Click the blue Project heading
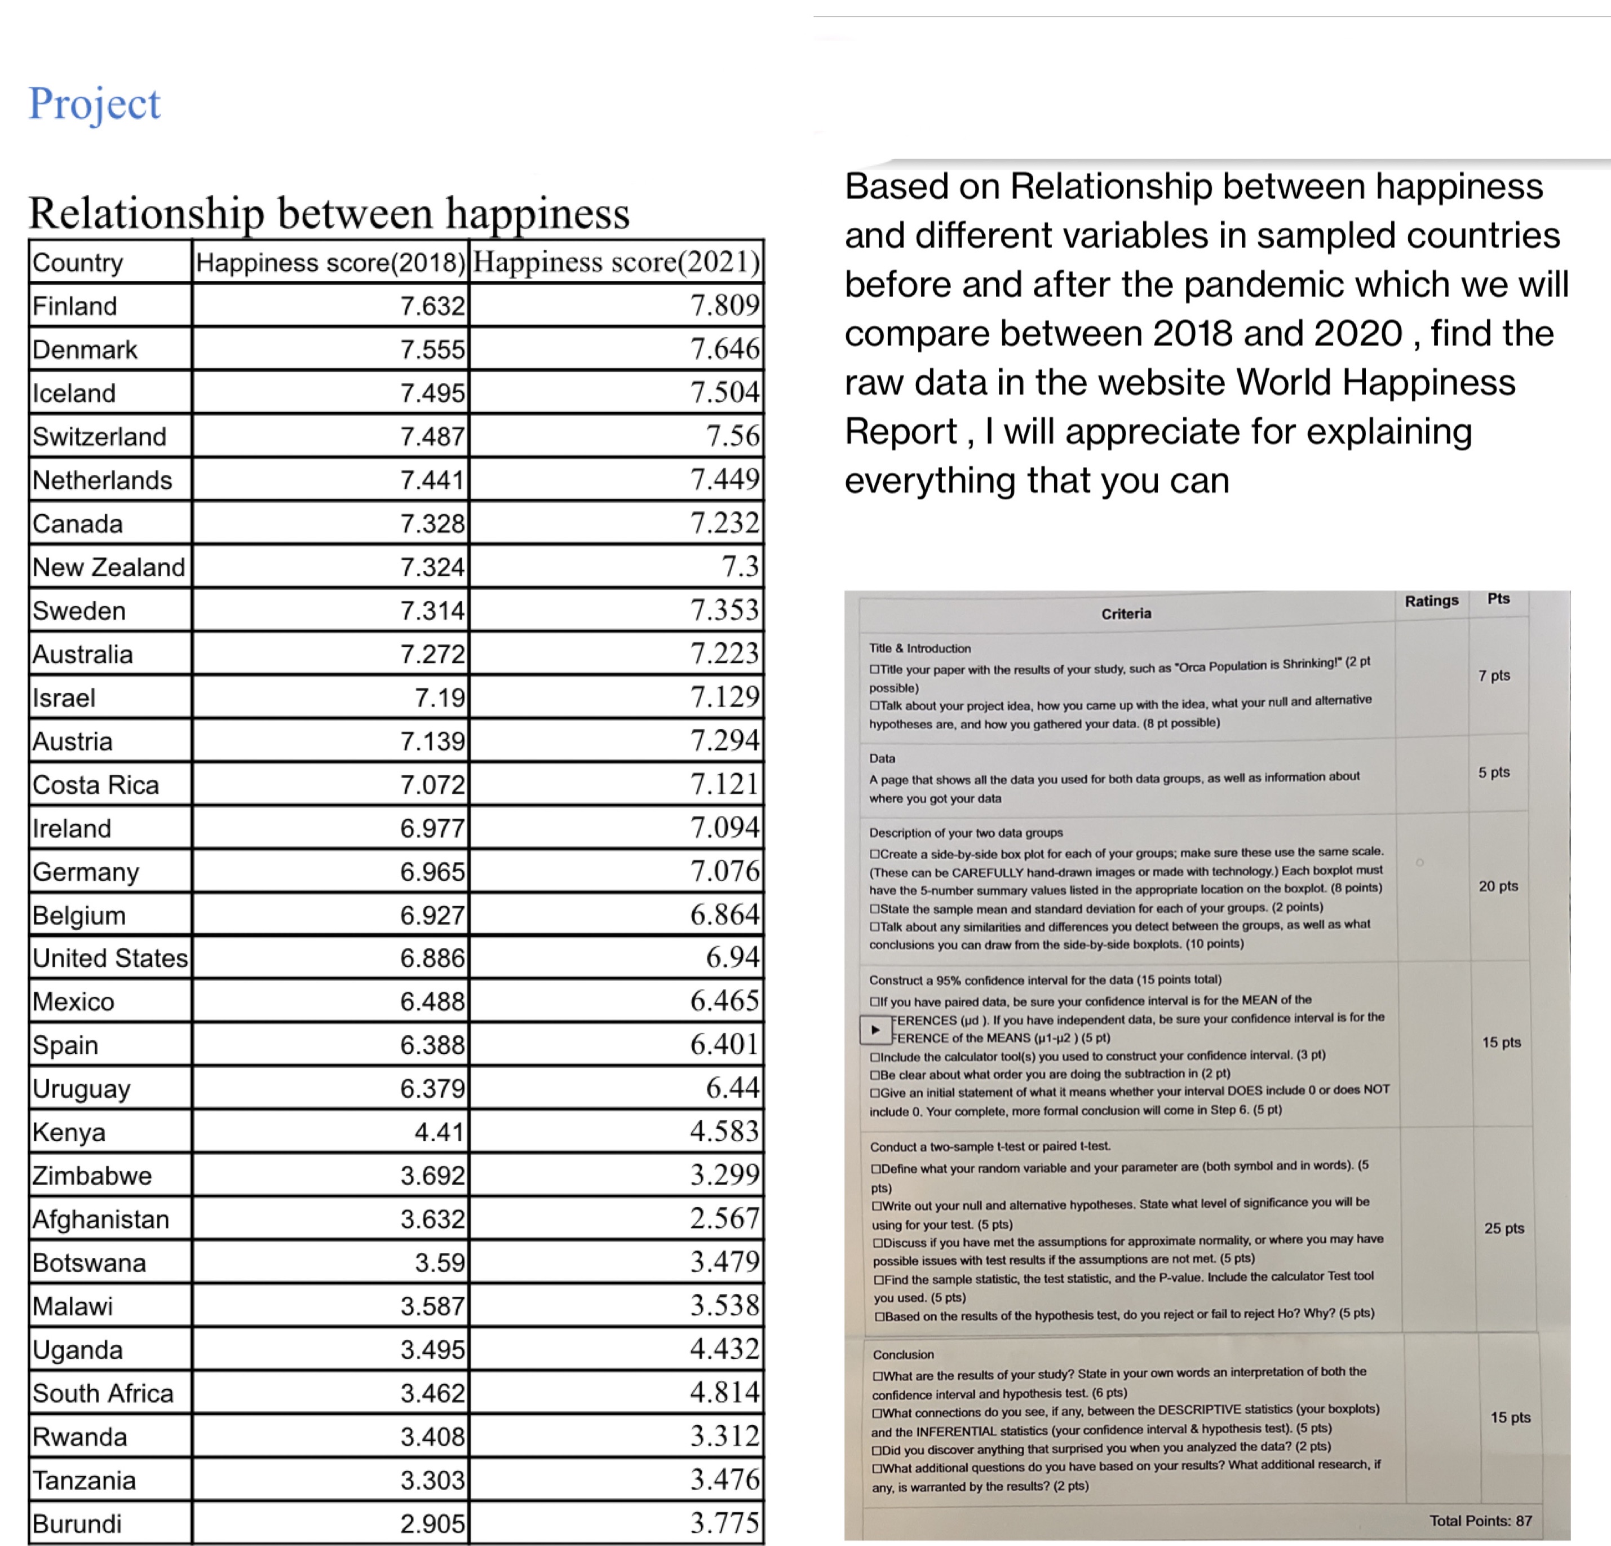(95, 104)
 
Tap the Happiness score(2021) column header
(617, 262)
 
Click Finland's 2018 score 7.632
(432, 306)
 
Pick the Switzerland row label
(99, 436)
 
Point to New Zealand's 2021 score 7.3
(740, 567)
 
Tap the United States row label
(110, 958)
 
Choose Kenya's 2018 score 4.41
(439, 1132)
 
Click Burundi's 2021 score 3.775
(725, 1523)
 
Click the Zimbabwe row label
(92, 1176)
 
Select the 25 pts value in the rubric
(1503, 1228)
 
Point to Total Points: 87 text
(1480, 1521)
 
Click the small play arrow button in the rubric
(875, 1030)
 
